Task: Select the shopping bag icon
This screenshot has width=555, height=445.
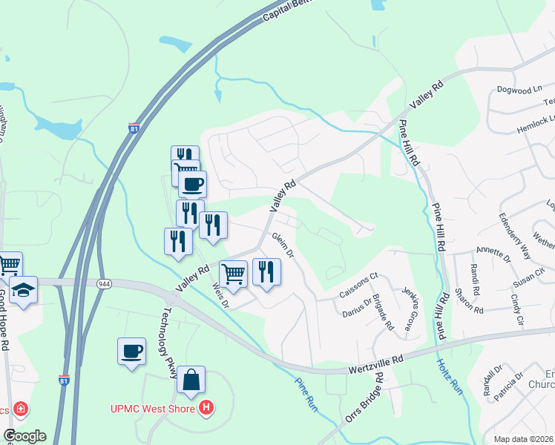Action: coord(191,380)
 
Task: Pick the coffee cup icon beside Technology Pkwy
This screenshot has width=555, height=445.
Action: coord(131,351)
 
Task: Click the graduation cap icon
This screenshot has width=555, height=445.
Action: coord(23,290)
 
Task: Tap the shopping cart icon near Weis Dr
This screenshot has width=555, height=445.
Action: coord(233,274)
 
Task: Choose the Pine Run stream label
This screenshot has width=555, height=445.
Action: coord(306,394)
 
